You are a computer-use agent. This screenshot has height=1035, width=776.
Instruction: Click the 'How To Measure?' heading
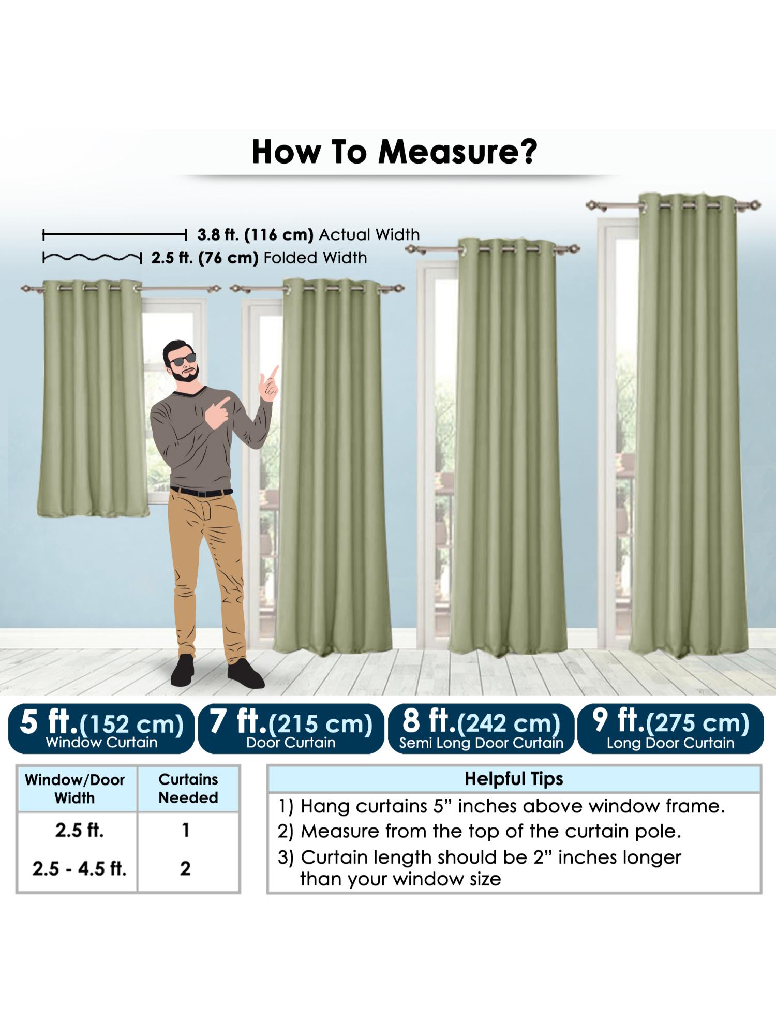(x=394, y=152)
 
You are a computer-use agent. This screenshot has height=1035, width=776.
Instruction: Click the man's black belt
(x=202, y=492)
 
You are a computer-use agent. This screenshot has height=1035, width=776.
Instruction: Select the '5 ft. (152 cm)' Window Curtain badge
(x=101, y=728)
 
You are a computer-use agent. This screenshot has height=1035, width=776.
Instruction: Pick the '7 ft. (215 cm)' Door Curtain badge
(x=291, y=728)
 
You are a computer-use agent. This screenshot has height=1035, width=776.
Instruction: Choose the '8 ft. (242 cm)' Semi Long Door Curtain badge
(x=481, y=728)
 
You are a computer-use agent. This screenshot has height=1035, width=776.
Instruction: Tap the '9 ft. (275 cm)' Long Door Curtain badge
(x=670, y=728)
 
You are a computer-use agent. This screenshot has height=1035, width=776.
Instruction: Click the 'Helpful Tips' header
(x=514, y=779)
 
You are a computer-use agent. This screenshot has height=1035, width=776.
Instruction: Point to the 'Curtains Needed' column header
(x=188, y=788)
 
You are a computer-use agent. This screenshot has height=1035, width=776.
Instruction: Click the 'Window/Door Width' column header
(x=75, y=789)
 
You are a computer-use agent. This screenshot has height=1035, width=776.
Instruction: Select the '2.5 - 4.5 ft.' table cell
(x=79, y=868)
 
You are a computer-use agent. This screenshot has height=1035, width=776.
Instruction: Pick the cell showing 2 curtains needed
(x=185, y=868)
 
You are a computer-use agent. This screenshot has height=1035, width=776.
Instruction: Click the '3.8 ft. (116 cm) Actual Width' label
(x=308, y=235)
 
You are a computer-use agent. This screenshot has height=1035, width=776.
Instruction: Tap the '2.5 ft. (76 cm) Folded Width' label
(x=259, y=258)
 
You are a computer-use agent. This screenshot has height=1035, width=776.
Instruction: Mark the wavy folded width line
(x=92, y=257)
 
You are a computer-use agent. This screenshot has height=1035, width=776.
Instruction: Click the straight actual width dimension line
(x=114, y=235)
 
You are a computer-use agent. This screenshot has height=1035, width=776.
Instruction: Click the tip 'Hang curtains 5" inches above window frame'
(x=501, y=806)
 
